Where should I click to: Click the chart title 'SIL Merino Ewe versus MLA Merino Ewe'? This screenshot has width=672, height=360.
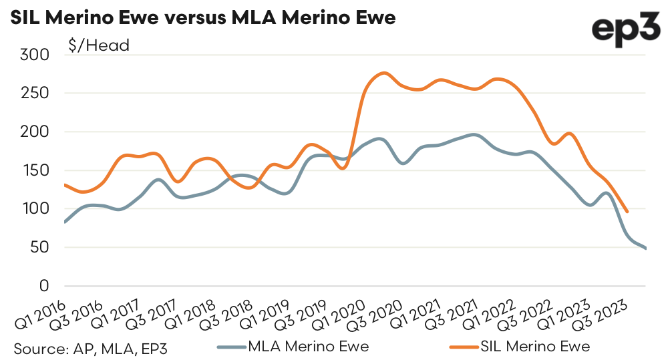tap(199, 17)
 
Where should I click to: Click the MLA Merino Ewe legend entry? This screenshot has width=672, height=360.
tap(293, 347)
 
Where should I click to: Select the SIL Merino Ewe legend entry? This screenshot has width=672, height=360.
tap(518, 347)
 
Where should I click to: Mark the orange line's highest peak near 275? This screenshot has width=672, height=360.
tap(384, 73)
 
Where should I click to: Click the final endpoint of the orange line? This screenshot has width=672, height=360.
tap(627, 212)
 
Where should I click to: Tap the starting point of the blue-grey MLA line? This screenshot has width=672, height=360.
tap(65, 222)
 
